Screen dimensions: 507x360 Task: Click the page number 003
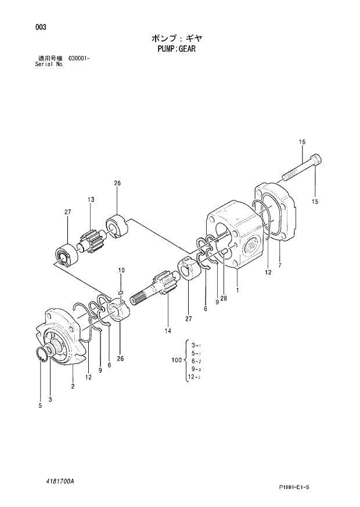click(40, 27)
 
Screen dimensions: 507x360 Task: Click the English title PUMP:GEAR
click(176, 49)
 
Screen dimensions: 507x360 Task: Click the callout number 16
click(302, 142)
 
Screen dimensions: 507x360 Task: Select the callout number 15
click(315, 202)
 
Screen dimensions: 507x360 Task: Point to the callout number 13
click(91, 200)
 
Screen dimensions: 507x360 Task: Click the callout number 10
click(121, 270)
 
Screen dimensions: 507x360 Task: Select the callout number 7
click(280, 265)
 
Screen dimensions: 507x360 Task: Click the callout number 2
click(73, 386)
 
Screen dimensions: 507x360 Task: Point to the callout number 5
click(41, 407)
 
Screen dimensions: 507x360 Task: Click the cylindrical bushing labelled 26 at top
click(117, 225)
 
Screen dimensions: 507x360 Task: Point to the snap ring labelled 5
click(41, 354)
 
